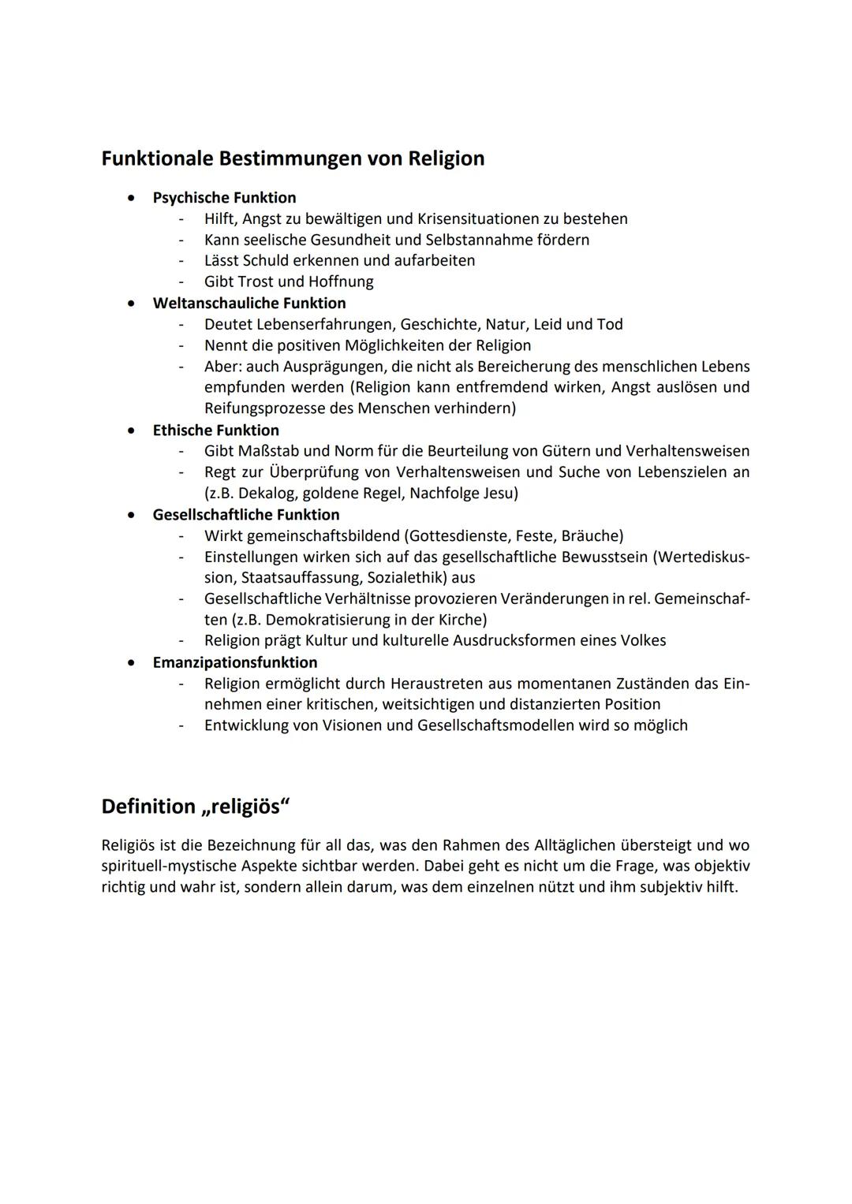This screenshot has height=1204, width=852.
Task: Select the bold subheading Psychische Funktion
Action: click(224, 198)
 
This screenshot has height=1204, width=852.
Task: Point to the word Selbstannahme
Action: click(479, 240)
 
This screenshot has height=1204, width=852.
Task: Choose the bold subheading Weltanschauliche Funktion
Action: click(248, 304)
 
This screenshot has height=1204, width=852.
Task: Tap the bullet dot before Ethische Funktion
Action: click(131, 431)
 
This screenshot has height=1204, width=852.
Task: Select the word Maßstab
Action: click(269, 452)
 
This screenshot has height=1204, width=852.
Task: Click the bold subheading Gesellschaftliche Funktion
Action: click(245, 515)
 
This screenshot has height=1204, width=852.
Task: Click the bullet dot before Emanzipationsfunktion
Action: click(131, 663)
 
